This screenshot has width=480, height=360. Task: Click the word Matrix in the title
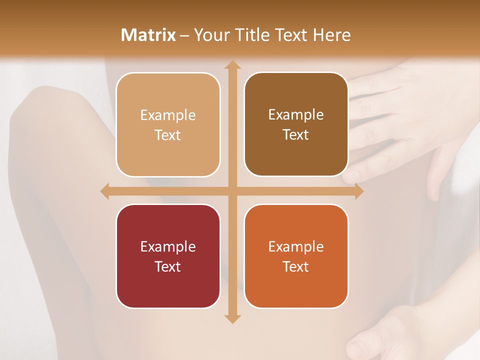148,35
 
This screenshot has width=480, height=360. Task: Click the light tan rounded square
168,124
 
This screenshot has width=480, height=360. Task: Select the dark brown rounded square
296,124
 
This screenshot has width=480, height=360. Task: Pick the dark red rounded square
168,256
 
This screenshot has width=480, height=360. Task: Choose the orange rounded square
296,256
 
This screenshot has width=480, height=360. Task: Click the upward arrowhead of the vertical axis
232,65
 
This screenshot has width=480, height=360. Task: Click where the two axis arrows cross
232,191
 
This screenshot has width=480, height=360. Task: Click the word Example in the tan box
168,115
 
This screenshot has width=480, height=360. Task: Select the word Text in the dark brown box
296,134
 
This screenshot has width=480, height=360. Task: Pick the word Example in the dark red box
168,246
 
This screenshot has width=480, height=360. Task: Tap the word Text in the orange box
296,266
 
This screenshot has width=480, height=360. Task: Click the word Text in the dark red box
168,266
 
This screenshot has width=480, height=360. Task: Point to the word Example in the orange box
296,246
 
